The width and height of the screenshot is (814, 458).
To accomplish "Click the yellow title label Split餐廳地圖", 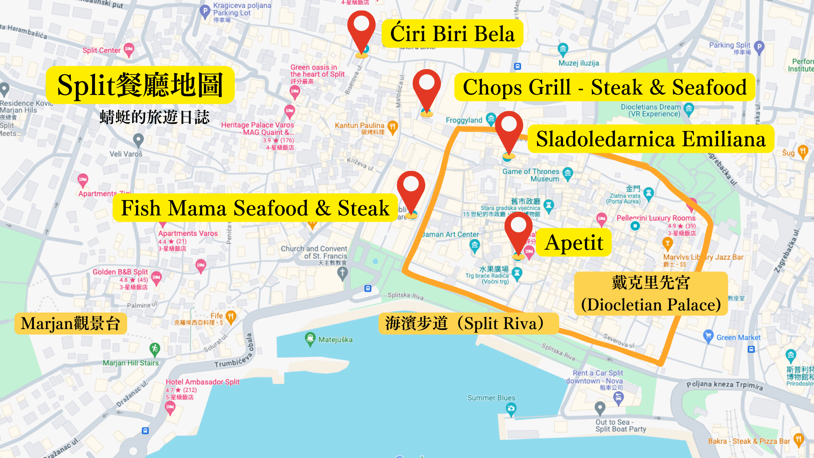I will coord(140,85).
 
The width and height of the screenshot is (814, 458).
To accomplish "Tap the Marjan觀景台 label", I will coord(71,324).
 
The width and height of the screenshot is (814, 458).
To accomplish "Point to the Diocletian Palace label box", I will coord(651,293).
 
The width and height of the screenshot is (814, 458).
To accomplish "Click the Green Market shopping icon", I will coord(708,337).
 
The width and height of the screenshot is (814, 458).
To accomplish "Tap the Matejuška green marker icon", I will coord(310,339).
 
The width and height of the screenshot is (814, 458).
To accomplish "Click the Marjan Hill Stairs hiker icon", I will coord(155,349).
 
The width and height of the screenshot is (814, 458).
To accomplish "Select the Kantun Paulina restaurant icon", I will coord(393,126).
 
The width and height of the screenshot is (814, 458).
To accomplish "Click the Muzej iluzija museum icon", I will coord(563,49).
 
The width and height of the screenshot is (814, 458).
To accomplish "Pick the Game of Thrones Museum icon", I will coord(568,173).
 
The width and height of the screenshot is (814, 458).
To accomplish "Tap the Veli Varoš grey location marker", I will coord(138,140).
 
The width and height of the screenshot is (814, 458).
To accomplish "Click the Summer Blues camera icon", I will coord(511,409).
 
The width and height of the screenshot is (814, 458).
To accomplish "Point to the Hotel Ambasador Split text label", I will coord(203,382).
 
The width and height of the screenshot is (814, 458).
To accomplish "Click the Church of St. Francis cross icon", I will coord(343,273).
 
